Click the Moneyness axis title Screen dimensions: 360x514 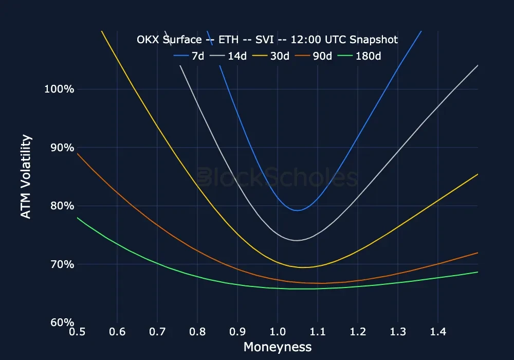coord(278,347)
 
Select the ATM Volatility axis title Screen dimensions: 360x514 coord(26,177)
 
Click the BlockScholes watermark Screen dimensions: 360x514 coord(278,177)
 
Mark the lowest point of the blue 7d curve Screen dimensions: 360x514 coord(297,210)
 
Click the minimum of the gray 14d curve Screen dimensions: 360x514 coord(297,240)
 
